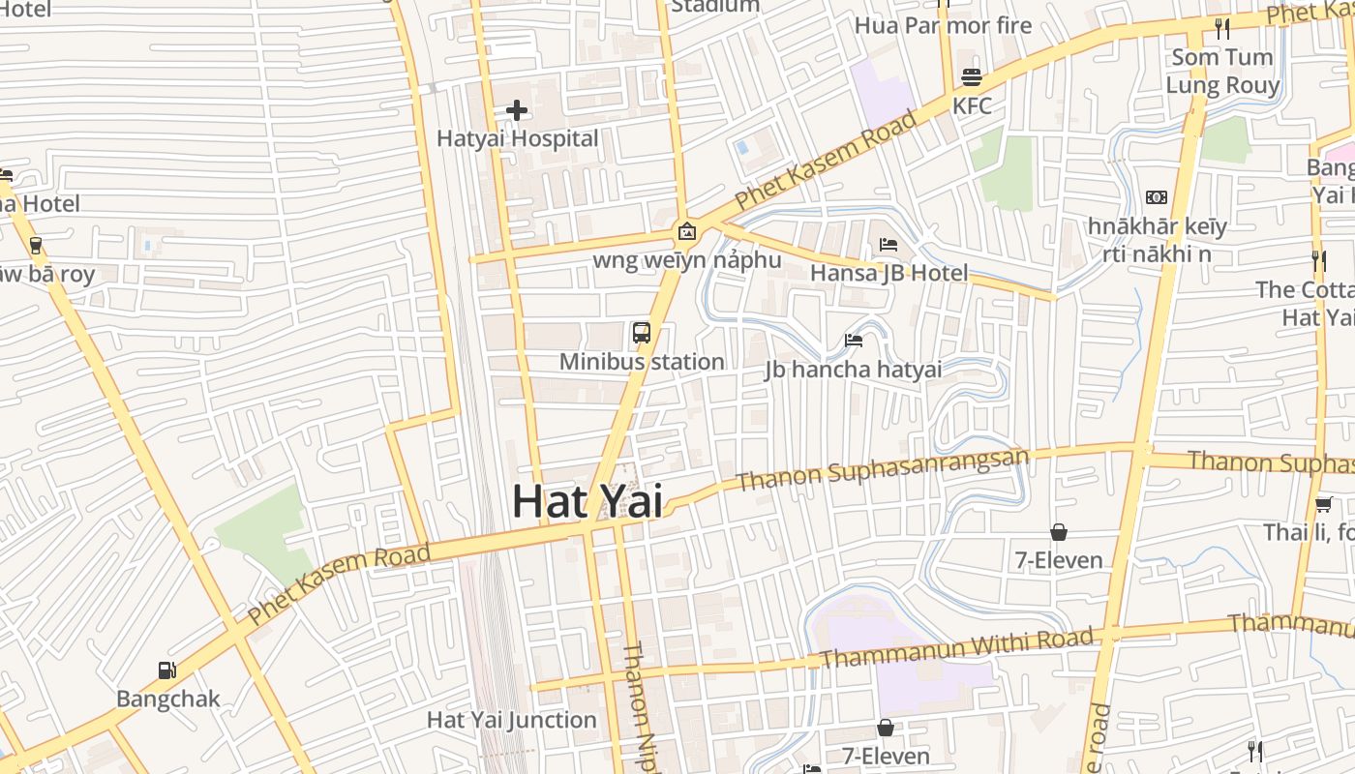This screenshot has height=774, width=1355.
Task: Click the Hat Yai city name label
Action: (x=587, y=501)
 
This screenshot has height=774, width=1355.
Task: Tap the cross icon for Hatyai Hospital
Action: (x=517, y=110)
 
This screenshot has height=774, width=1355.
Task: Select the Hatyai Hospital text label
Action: (x=517, y=138)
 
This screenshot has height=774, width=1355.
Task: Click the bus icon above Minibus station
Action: (x=641, y=334)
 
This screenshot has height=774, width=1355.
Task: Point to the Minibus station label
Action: (x=642, y=362)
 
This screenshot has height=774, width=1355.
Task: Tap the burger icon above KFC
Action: (x=972, y=77)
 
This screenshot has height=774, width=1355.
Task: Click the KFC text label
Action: (x=972, y=105)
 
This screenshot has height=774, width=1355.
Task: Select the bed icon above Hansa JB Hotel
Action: (x=888, y=245)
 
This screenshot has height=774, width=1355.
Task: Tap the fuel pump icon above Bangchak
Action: (x=167, y=670)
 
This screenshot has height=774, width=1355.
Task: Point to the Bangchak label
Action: (x=167, y=699)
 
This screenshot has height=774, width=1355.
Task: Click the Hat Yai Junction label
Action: (x=511, y=720)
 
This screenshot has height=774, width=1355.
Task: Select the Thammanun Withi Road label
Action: (x=956, y=646)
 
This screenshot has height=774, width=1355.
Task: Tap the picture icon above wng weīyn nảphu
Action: (x=686, y=231)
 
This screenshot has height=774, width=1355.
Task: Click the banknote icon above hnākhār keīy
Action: (x=1156, y=197)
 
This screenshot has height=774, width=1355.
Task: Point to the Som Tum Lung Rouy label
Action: (x=1221, y=71)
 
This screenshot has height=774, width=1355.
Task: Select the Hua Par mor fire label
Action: (x=943, y=25)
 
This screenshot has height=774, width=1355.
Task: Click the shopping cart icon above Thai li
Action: (x=1323, y=503)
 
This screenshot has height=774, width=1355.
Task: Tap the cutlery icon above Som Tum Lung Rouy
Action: (x=1222, y=29)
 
